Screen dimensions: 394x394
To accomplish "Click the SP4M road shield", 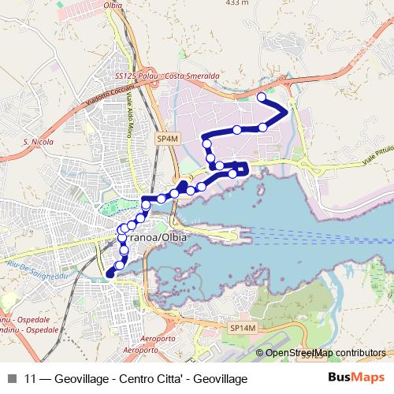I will tap(165, 138).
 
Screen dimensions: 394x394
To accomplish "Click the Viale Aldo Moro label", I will tap(143, 110).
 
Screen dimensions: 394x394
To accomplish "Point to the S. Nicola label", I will tap(37, 143).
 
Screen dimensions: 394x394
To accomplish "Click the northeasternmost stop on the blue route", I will tap(262, 97).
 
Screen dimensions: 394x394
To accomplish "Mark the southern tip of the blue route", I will tap(108, 274).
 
